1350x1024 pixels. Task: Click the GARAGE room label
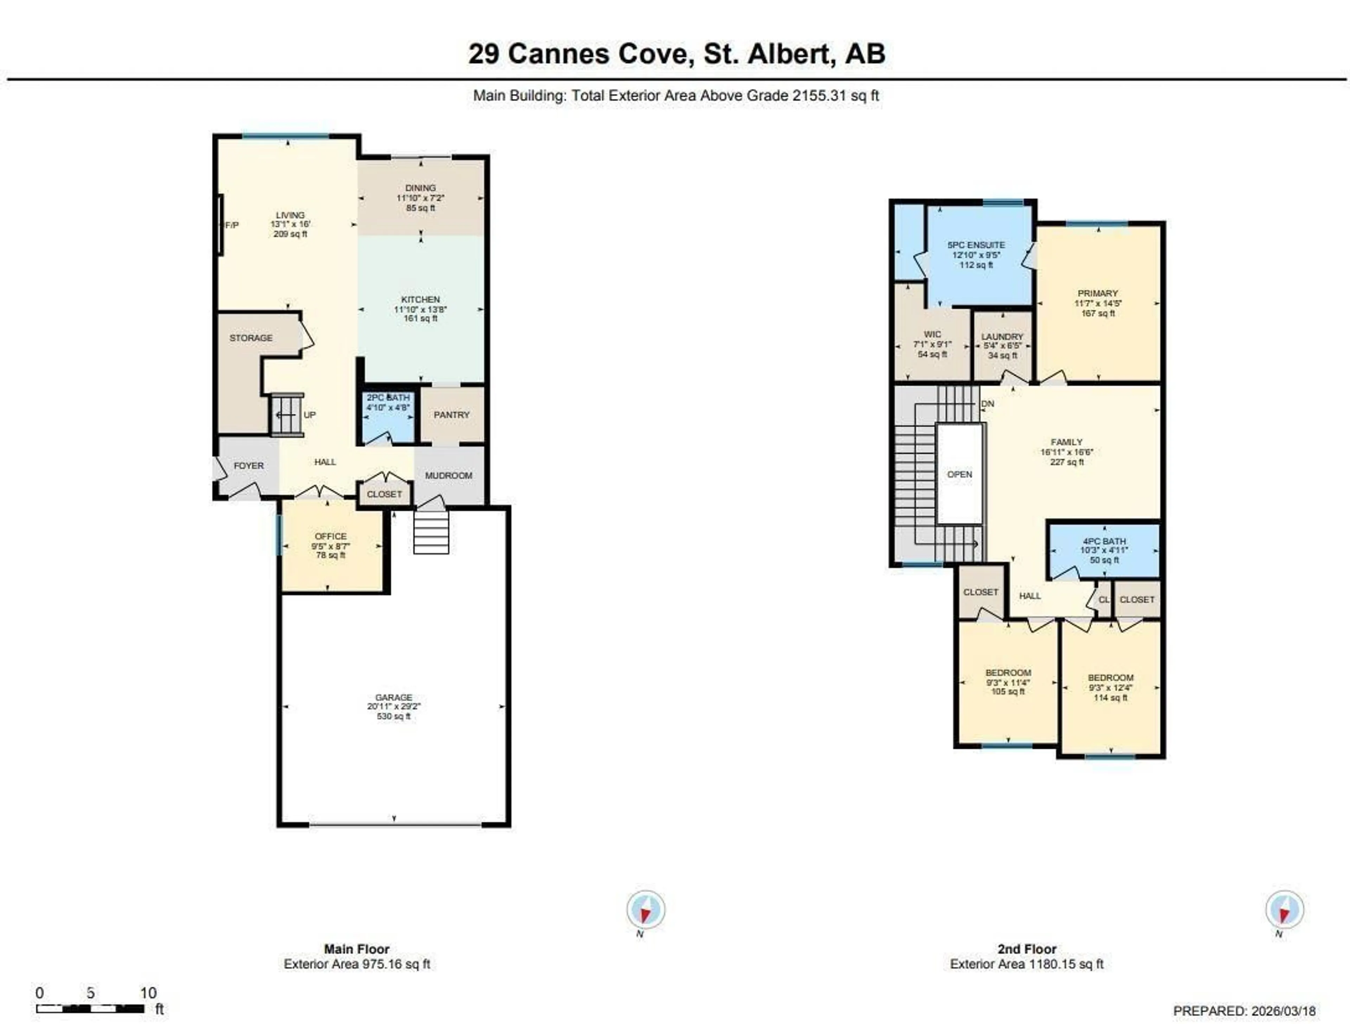pyautogui.click(x=394, y=697)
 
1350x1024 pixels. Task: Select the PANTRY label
pyautogui.click(x=452, y=415)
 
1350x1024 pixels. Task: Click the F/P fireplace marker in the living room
pyautogui.click(x=232, y=225)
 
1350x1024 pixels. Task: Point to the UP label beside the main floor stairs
pyautogui.click(x=309, y=415)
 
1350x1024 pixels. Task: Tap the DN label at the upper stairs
pyautogui.click(x=988, y=404)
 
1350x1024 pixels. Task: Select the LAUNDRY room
pyautogui.click(x=1002, y=345)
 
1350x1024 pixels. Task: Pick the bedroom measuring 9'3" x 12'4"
pyautogui.click(x=1110, y=687)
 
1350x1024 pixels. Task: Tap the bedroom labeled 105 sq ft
pyautogui.click(x=1008, y=682)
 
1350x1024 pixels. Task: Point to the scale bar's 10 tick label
pyautogui.click(x=148, y=992)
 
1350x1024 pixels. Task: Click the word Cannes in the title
pyautogui.click(x=558, y=54)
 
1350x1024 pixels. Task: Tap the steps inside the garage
pyautogui.click(x=431, y=532)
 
